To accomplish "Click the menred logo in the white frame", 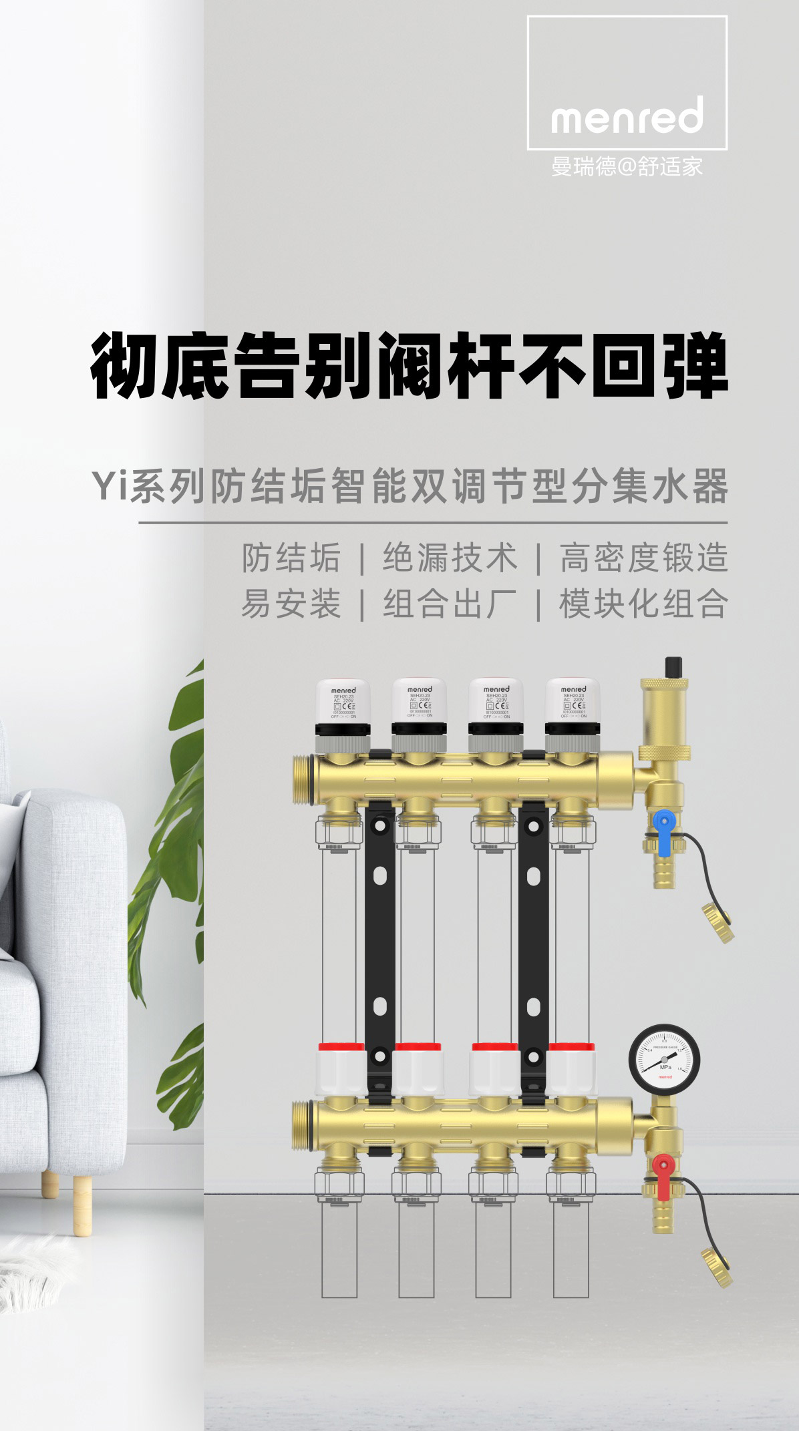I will [627, 115].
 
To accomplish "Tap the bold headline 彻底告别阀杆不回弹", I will [408, 365].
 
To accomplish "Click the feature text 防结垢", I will [291, 558].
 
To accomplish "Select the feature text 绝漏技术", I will [450, 558].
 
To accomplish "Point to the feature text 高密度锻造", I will [643, 558].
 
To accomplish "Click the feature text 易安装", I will [291, 604].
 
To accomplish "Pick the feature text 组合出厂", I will [450, 604].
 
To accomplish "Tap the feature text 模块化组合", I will [643, 604].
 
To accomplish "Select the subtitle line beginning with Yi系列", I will [408, 488].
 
